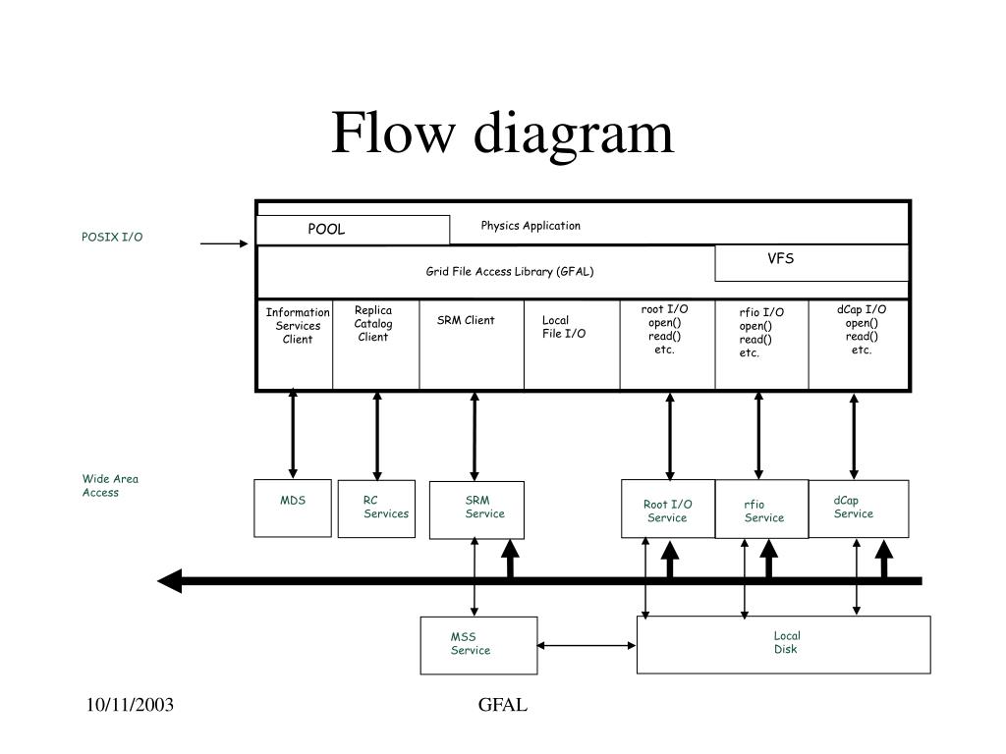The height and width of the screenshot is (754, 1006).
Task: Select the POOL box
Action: click(353, 230)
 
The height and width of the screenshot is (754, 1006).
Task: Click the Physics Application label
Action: click(531, 226)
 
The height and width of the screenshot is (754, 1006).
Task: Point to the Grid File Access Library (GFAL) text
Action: click(509, 272)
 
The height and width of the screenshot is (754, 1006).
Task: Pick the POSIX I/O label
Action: click(112, 238)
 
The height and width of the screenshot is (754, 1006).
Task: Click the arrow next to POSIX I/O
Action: click(225, 242)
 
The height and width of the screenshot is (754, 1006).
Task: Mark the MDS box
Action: click(292, 508)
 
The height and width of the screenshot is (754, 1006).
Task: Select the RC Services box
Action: click(376, 509)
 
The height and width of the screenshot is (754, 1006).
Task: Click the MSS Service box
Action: click(478, 645)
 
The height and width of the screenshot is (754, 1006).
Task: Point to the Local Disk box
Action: click(783, 644)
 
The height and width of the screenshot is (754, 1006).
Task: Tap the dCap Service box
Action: click(858, 508)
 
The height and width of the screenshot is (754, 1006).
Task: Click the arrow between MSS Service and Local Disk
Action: click(587, 645)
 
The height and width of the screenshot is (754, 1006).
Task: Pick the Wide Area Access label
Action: click(110, 486)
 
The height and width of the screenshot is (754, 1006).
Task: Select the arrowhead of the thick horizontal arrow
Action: click(170, 581)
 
